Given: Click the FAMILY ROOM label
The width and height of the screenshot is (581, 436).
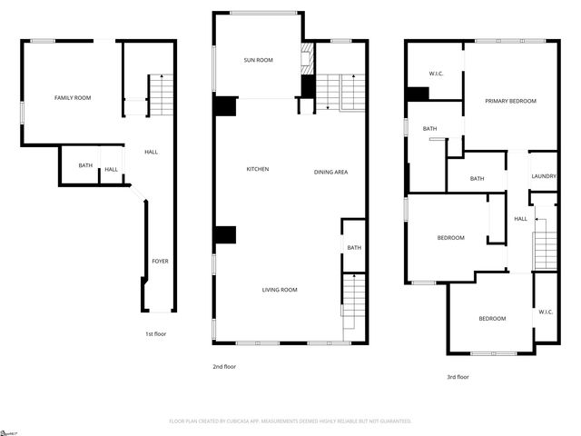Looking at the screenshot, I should click(73, 97).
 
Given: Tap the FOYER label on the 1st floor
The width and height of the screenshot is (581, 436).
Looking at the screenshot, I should click(160, 262).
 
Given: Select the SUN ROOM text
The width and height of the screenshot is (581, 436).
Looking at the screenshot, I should click(258, 60).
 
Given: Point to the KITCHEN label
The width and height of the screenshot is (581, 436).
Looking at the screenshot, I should click(258, 170).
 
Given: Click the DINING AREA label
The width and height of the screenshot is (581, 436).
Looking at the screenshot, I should click(331, 172).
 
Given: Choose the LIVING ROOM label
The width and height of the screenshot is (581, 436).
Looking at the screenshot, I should click(280, 290).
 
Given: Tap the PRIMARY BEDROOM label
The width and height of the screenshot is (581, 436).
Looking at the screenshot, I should click(510, 101).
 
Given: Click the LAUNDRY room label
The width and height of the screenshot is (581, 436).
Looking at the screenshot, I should click(544, 176).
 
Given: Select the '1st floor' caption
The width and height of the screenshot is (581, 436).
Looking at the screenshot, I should click(156, 333).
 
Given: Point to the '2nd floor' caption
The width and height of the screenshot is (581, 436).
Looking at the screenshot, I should click(224, 366).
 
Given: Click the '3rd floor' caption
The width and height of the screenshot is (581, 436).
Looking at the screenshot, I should click(458, 376).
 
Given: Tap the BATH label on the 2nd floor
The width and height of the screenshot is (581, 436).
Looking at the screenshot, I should click(354, 247).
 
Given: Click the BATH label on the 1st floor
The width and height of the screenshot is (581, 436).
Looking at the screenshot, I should click(85, 165).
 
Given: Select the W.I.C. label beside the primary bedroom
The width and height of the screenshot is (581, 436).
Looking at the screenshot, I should click(436, 74).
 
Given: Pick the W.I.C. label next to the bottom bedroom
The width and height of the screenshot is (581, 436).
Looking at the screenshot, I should click(546, 312).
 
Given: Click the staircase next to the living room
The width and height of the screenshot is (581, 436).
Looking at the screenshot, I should click(353, 303).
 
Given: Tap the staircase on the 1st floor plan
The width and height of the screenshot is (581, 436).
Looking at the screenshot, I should click(161, 95).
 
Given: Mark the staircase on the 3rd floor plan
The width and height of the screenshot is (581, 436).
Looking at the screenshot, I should click(545, 243).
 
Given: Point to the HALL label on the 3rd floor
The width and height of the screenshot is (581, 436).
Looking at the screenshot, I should click(521, 218).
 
